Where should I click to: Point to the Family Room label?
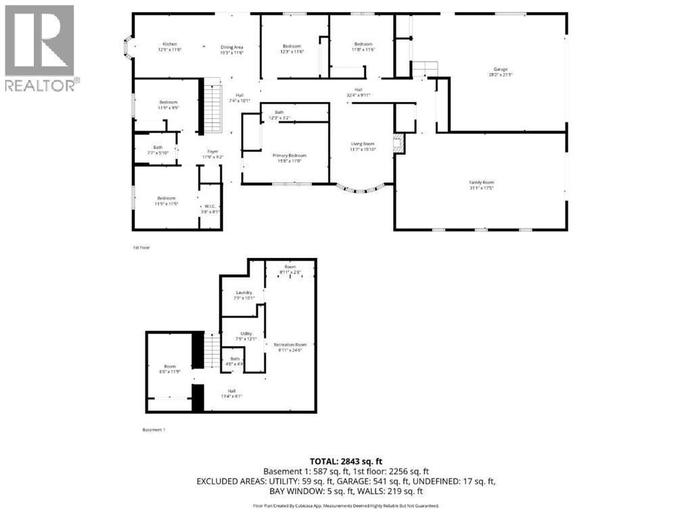(x=482, y=185)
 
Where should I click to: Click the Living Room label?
(x=363, y=146)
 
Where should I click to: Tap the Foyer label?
(x=212, y=154)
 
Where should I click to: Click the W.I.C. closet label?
(x=210, y=209)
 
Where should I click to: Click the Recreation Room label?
(x=290, y=347)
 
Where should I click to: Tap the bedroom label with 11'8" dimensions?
(x=363, y=47)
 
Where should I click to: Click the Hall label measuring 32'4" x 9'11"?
(x=359, y=92)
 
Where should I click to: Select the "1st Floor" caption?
(x=141, y=248)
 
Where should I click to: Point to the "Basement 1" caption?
(x=154, y=430)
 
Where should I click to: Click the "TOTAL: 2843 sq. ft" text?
(x=346, y=461)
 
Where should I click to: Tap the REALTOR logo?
(x=40, y=47)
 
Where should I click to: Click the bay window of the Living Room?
(x=364, y=190)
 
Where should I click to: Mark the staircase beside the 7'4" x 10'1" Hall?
(x=213, y=107)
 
